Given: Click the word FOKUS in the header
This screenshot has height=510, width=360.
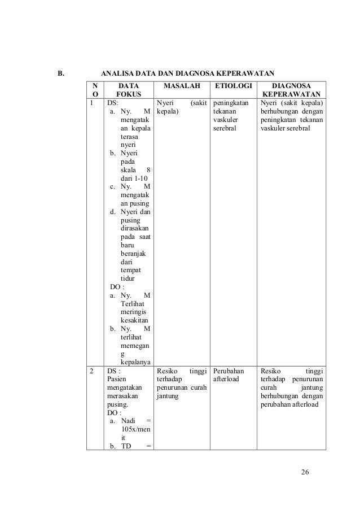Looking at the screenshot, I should [129, 94].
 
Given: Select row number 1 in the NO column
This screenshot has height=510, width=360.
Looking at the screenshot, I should [91, 104].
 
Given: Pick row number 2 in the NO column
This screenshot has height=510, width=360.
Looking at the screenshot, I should [91, 370].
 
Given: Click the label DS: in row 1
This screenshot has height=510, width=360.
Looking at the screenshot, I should [112, 104].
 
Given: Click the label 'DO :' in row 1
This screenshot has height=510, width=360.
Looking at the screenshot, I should [117, 286].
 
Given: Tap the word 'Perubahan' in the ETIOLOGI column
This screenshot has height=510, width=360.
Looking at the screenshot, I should [229, 370].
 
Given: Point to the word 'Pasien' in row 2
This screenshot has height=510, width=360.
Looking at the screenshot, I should [117, 380].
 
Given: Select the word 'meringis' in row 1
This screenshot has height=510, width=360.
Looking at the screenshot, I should [134, 313].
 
